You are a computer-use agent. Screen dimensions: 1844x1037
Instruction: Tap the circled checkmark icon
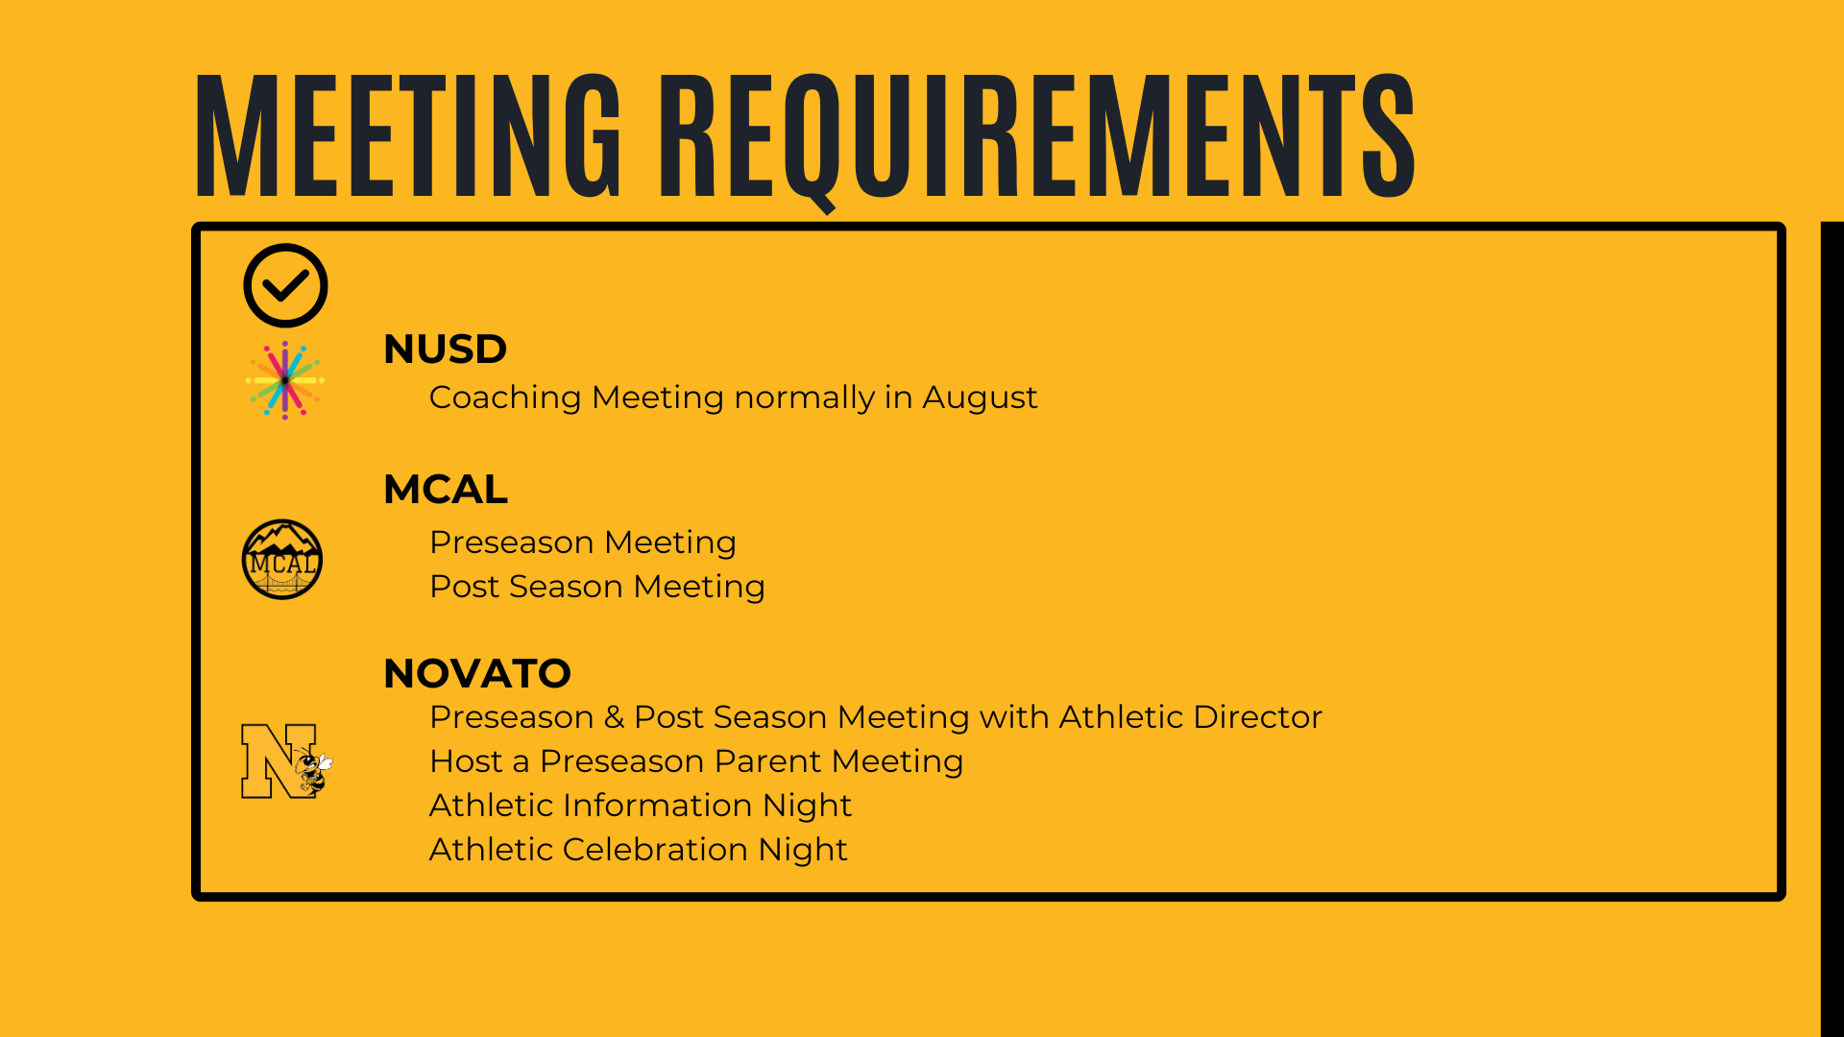(x=285, y=285)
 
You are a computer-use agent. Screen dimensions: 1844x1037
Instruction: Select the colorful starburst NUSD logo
(x=285, y=380)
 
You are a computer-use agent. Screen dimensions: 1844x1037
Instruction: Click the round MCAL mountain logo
(x=282, y=560)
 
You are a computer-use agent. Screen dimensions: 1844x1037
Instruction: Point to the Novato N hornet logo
(x=286, y=760)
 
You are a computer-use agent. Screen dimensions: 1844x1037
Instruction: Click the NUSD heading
(x=445, y=349)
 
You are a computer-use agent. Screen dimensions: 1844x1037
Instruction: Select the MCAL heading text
(x=446, y=489)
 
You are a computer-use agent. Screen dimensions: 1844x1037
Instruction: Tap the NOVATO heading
(x=477, y=673)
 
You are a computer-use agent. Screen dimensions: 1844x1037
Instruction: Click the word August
(x=980, y=398)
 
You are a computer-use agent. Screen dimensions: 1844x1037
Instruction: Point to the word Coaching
(x=505, y=398)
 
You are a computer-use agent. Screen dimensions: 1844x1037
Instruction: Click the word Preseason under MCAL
(x=512, y=543)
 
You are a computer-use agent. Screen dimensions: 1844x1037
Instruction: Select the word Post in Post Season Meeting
(x=464, y=587)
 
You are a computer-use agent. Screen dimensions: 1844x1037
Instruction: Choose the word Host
(x=466, y=761)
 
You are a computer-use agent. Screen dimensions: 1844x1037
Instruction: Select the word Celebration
(x=655, y=850)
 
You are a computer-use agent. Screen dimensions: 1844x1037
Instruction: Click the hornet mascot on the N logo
(x=312, y=769)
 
